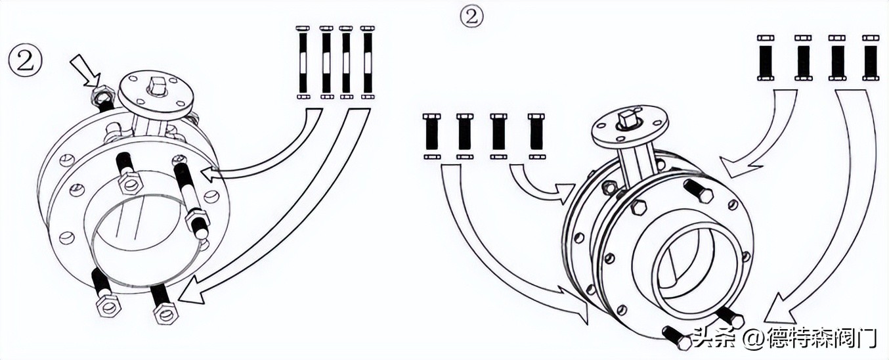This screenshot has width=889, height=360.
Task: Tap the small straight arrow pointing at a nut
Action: pos(85,72)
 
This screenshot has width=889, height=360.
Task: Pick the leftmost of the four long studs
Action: pos(303,62)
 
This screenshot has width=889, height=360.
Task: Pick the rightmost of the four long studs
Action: pos(368,62)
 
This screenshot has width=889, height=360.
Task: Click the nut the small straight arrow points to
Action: pos(104,95)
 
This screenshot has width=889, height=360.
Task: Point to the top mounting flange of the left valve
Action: pos(156,97)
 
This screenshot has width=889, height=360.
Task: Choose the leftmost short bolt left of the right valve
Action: pos(432,136)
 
